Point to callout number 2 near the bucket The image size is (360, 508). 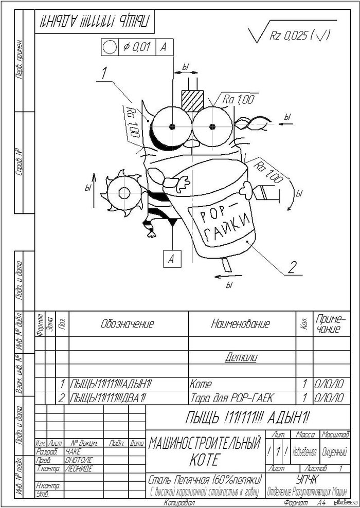click(292, 267)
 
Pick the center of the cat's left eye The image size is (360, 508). click(171, 125)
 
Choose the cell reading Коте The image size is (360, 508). click(201, 384)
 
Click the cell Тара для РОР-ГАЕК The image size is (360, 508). click(226, 397)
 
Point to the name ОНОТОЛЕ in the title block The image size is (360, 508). click(80, 460)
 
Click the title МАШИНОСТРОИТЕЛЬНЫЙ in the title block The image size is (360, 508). click(204, 444)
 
